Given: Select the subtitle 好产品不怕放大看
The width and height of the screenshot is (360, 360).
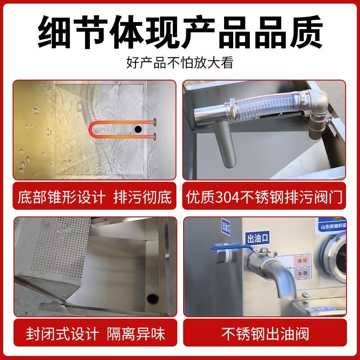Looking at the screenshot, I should click(180, 62).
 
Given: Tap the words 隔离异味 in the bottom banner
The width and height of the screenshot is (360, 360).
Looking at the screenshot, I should click(136, 334).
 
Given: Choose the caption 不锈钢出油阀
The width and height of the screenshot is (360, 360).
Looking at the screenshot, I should click(265, 334).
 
